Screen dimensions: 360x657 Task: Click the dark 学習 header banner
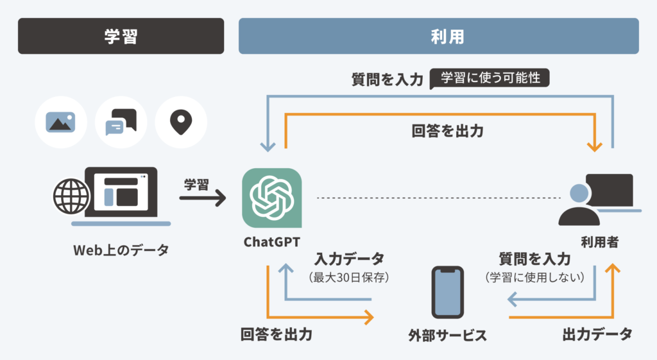(121, 36)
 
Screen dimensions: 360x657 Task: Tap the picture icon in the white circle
(61, 122)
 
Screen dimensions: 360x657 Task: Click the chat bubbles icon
(121, 122)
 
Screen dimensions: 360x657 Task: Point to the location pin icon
(181, 121)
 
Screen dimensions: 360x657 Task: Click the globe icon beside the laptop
(71, 194)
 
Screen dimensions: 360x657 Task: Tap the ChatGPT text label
(272, 242)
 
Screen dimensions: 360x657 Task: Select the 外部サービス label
(448, 335)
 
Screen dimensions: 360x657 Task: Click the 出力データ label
(597, 334)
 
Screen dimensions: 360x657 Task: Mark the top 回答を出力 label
(447, 131)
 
